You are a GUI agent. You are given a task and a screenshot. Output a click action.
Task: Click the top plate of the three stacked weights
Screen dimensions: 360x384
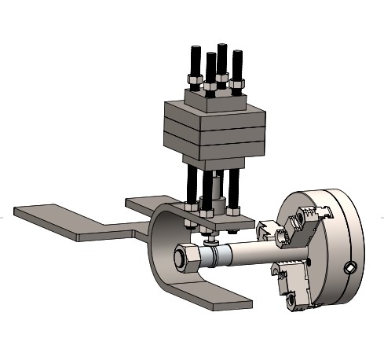click(214, 114)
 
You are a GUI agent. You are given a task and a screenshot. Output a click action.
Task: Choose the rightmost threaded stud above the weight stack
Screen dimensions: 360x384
click(238, 64)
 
